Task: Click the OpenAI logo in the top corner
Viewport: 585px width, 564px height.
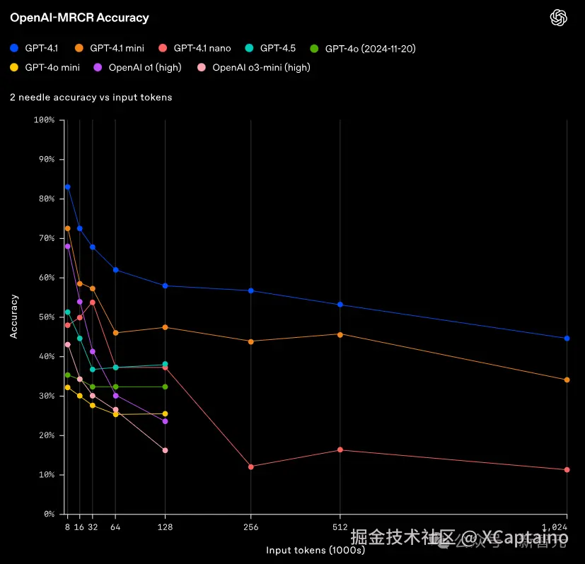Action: tap(559, 18)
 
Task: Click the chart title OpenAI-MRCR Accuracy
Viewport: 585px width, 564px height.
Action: tap(79, 18)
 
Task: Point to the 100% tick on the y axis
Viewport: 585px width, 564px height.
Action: tap(44, 120)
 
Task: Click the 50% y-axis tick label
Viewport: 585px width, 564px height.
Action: tap(46, 317)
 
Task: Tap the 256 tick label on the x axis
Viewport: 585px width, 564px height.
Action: tap(251, 527)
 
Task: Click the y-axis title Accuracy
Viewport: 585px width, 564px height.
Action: tap(14, 317)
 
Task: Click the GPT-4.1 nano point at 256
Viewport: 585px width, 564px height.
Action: tap(251, 466)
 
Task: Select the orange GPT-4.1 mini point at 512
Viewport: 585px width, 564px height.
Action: tap(340, 334)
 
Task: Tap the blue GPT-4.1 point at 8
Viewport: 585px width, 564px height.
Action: tap(67, 187)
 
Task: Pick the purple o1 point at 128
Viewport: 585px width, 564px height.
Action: tap(165, 421)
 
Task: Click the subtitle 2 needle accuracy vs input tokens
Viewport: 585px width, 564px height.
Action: tap(91, 98)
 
